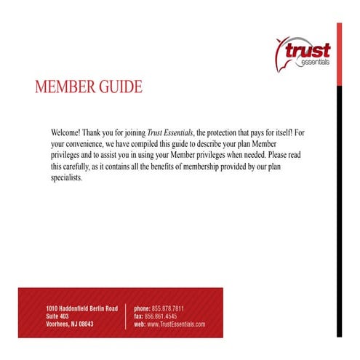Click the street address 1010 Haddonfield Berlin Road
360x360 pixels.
point(81,308)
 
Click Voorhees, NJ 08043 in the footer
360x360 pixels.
point(70,324)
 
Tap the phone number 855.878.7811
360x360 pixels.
point(167,308)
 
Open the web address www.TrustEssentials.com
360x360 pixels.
point(176,324)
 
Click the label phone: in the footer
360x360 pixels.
point(142,308)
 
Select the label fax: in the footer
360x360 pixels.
point(138,316)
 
